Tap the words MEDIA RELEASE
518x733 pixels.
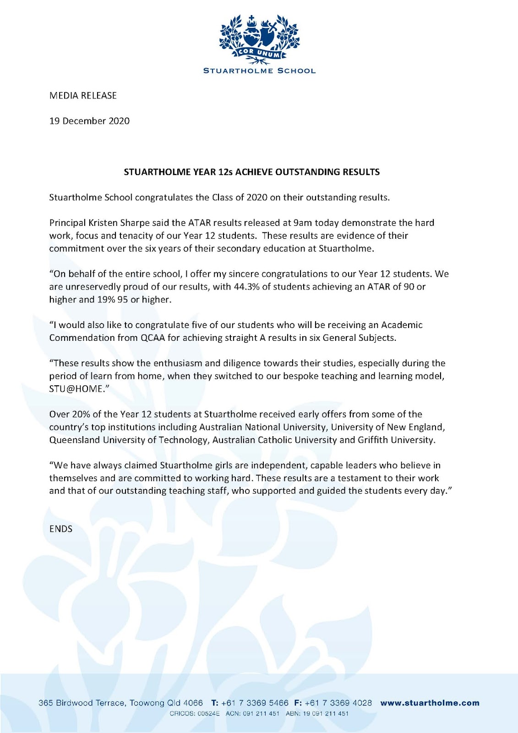(83, 96)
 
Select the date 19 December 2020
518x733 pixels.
(89, 121)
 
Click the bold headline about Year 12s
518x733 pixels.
(251, 172)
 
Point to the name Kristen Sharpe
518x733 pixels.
(136, 223)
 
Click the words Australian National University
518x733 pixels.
(264, 427)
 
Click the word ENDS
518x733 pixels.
(61, 529)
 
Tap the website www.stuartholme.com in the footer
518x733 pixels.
(430, 703)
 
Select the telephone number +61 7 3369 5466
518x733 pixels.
(255, 703)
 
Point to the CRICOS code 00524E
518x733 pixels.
(208, 713)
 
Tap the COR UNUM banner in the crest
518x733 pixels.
(259, 54)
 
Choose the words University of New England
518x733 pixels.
(387, 427)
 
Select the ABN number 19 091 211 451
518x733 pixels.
(326, 713)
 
